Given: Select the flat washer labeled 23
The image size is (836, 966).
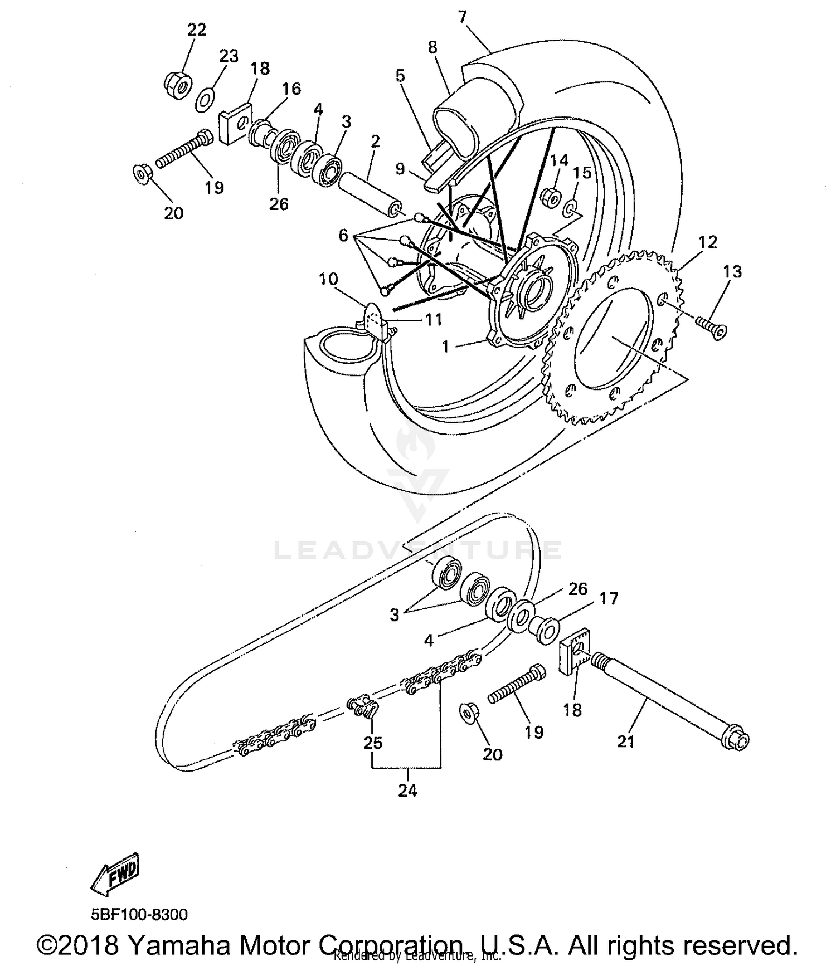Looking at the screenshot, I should click(x=206, y=101).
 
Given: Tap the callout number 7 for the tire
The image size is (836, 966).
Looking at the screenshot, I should click(x=462, y=16).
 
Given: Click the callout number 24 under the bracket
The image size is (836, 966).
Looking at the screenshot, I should click(x=407, y=791).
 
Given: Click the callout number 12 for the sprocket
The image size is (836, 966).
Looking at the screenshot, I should click(x=707, y=242).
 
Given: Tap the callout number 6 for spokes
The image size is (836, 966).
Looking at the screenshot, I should click(x=343, y=236).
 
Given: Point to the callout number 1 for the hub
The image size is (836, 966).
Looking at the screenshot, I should click(x=445, y=347).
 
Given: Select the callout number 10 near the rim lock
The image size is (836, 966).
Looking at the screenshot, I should click(x=329, y=279).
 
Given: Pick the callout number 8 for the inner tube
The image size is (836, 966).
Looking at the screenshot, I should click(x=432, y=47).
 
